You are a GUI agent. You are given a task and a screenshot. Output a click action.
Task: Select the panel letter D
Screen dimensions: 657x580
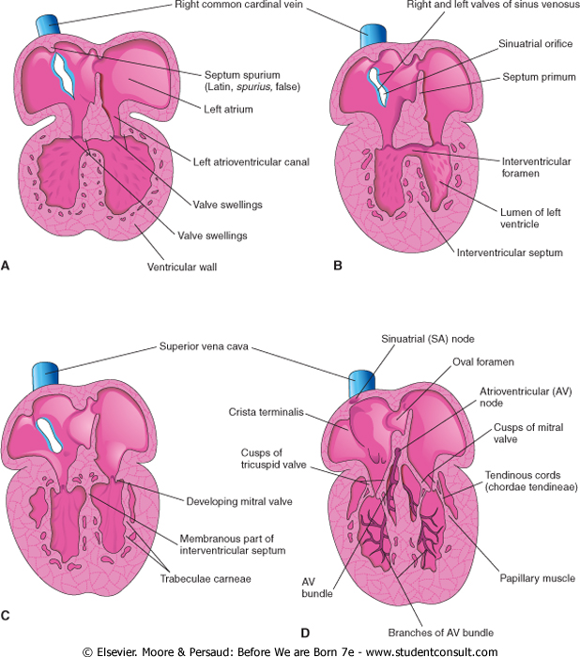(x=328, y=632)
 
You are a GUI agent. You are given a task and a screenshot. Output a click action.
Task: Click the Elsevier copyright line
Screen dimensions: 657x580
(x=290, y=650)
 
